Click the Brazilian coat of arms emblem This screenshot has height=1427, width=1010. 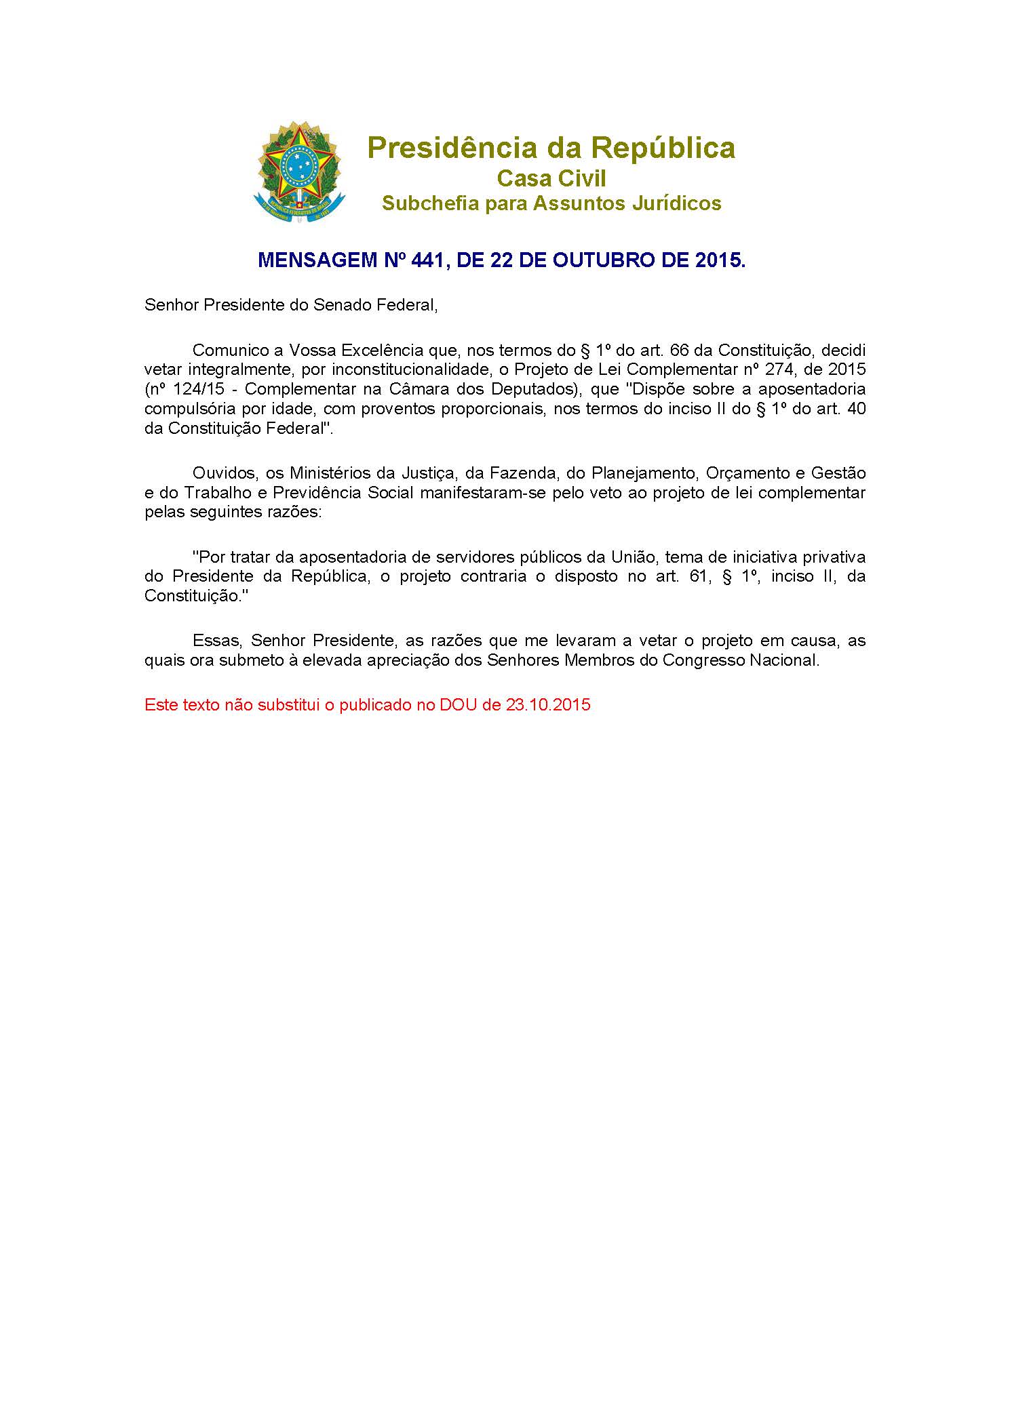pyautogui.click(x=298, y=172)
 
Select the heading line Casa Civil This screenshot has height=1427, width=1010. pyautogui.click(x=551, y=178)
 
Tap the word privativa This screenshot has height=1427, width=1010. pyautogui.click(x=834, y=557)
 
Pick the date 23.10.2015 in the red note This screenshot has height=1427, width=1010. pyautogui.click(x=548, y=705)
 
